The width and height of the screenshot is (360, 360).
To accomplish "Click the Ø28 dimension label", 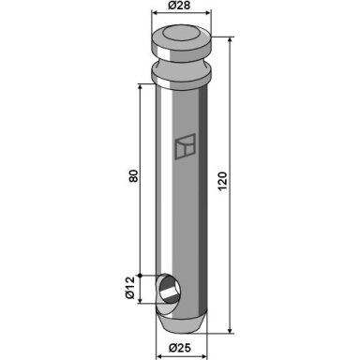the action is click(x=179, y=6).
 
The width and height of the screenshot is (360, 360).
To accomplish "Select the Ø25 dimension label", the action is click(x=180, y=348).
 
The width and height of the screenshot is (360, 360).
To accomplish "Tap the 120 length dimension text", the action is click(x=222, y=181).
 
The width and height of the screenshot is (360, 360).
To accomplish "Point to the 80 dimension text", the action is click(x=133, y=176).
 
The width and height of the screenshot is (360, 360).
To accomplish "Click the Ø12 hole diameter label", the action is click(x=129, y=288).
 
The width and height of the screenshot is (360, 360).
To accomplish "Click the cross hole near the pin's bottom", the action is click(x=169, y=289).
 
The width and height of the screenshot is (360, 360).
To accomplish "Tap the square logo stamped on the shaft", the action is click(x=185, y=146).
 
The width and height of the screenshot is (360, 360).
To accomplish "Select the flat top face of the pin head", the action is click(x=181, y=33).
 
